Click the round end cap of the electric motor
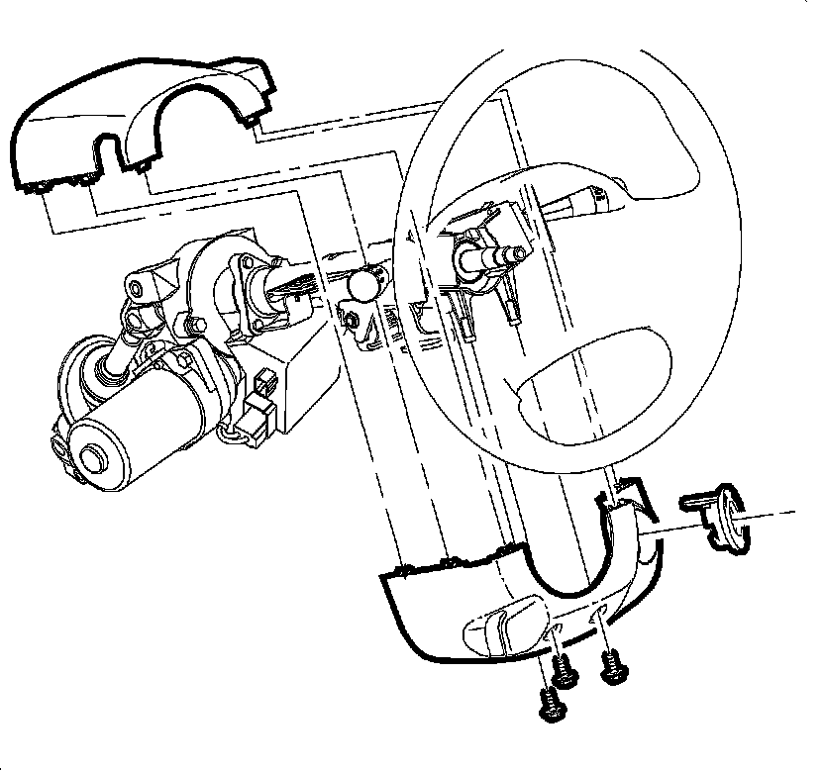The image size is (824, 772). click(x=94, y=457)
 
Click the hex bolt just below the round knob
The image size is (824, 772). click(x=349, y=319)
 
